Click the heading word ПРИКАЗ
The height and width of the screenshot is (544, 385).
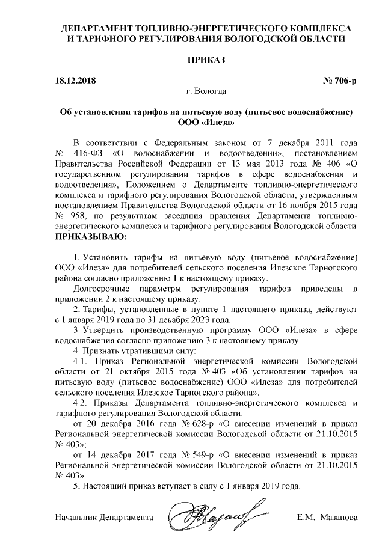206,61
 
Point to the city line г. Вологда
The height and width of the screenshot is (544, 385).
206,91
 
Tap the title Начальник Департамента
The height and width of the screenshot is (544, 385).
103,518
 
